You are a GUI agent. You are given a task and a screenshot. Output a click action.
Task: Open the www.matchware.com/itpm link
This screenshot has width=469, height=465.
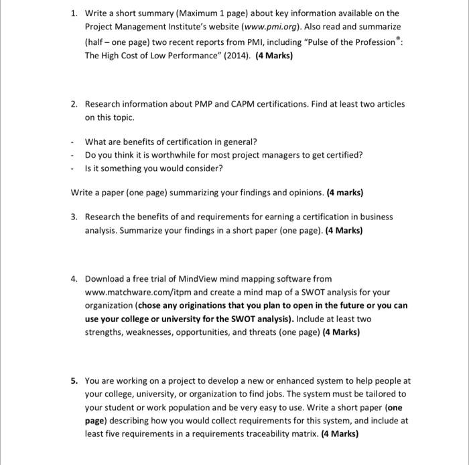click(139, 292)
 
